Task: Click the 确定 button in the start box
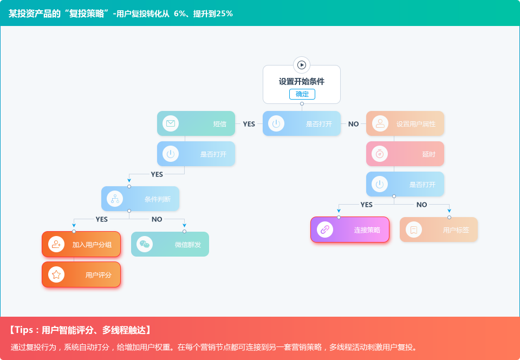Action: coord(302,94)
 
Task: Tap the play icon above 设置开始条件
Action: coord(302,65)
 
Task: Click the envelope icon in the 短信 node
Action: coord(171,123)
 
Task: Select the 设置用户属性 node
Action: coord(405,123)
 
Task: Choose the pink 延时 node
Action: coord(405,154)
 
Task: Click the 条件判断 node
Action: coord(140,199)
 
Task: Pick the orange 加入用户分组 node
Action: coord(81,244)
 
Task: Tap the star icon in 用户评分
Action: coord(56,274)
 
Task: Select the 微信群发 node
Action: coord(170,244)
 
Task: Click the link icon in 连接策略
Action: coord(325,230)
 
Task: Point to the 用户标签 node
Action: coord(439,230)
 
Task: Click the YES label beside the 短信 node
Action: coord(249,124)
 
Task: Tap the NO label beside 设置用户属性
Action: coord(353,124)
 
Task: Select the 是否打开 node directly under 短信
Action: coord(196,154)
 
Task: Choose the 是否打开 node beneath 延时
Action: coord(405,184)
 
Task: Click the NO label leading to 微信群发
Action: coord(157,219)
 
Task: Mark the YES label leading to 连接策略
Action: coord(366,205)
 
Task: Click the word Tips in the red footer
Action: coord(25,330)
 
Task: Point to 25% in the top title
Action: coord(224,14)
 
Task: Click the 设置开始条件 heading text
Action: coord(302,81)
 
